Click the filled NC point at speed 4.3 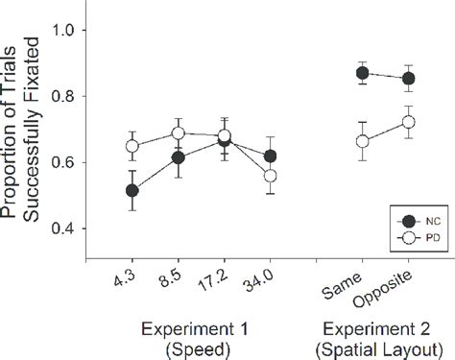click(132, 190)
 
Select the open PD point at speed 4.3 click(132, 147)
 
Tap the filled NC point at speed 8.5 click(178, 157)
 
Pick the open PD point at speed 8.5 click(178, 133)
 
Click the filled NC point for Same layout click(362, 72)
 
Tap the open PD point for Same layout click(362, 141)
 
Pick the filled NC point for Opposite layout click(409, 78)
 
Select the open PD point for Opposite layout click(409, 122)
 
